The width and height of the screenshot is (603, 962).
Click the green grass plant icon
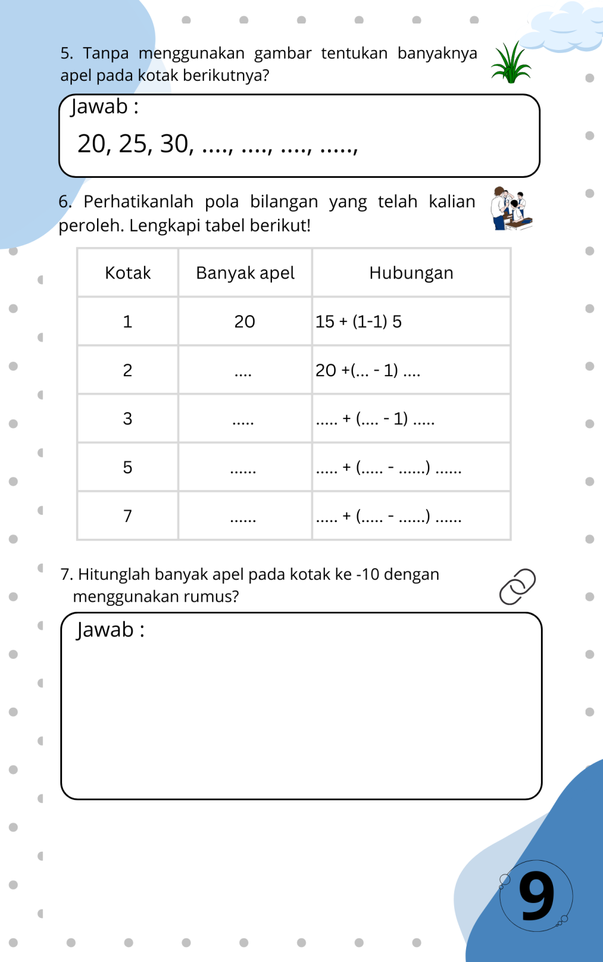tap(511, 63)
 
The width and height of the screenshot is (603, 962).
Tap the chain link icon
tap(517, 586)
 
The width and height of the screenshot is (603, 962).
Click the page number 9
tap(536, 896)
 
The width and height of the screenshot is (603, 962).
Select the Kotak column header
tap(128, 273)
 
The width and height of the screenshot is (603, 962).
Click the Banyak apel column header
tap(245, 273)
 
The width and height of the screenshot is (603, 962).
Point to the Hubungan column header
tap(411, 273)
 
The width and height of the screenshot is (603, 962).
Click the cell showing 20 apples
tap(245, 322)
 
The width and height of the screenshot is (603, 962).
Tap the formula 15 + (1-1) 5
tap(358, 322)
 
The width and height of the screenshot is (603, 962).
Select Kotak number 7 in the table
tap(128, 516)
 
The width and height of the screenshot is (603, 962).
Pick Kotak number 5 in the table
tap(128, 467)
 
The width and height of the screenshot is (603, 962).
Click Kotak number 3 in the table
tap(128, 419)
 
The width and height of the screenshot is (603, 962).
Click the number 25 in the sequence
tap(133, 144)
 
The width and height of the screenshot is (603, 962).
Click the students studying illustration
tap(511, 209)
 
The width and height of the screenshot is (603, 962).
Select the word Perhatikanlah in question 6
tap(138, 201)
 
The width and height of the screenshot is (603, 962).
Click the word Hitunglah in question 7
tap(114, 574)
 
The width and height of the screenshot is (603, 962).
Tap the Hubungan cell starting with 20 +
tap(368, 370)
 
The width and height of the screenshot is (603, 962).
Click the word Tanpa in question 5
tap(106, 54)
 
